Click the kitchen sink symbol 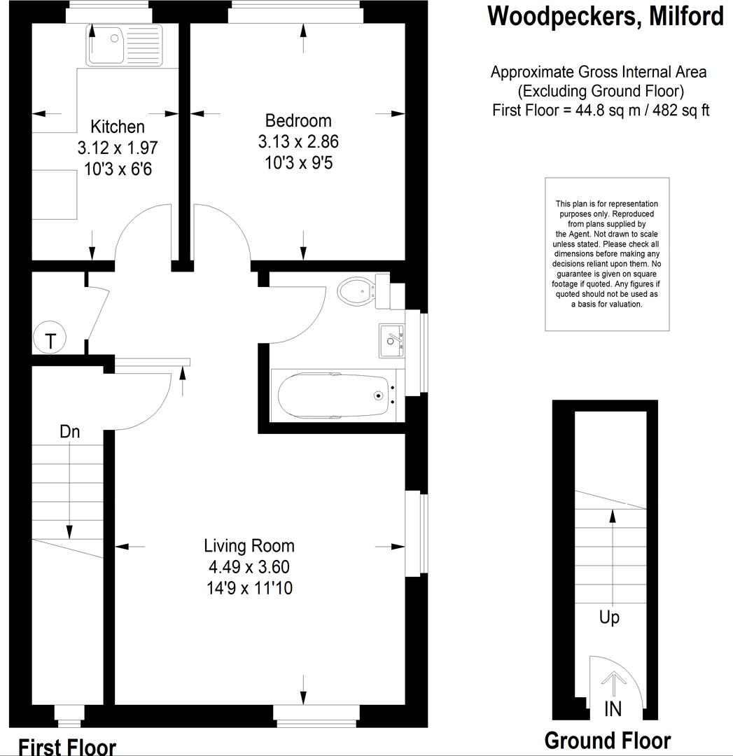123,45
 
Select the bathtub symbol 334,395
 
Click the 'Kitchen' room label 118,127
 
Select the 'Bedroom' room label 298,120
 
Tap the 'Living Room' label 249,545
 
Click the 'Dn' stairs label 69,432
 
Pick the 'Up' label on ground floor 609,618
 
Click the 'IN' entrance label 613,709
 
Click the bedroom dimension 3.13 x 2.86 298,141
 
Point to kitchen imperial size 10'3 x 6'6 118,169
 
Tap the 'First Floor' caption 67,746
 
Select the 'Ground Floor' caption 608,741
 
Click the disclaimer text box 607,254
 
